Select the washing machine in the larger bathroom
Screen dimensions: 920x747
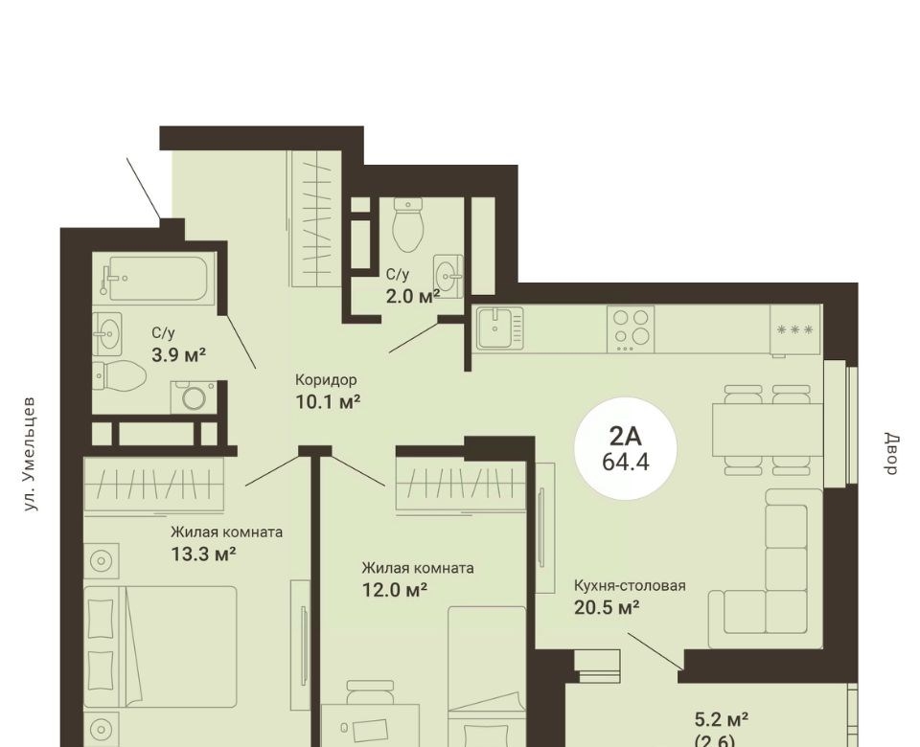tap(193, 396)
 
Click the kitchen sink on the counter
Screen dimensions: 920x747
tap(498, 328)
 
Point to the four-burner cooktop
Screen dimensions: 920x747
tap(631, 328)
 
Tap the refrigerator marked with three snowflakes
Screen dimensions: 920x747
tap(795, 330)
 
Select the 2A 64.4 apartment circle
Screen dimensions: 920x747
tap(626, 449)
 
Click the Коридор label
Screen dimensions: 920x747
tap(326, 380)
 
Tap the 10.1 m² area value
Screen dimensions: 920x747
tap(327, 401)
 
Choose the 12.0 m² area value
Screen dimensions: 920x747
tap(394, 589)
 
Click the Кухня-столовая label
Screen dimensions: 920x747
tap(630, 585)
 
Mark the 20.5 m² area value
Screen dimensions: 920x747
tap(606, 607)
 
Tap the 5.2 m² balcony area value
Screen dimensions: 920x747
tap(721, 719)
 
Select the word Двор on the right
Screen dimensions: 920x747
tap(891, 454)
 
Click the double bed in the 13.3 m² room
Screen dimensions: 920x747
tap(160, 646)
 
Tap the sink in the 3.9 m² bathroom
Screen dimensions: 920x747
tap(106, 333)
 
